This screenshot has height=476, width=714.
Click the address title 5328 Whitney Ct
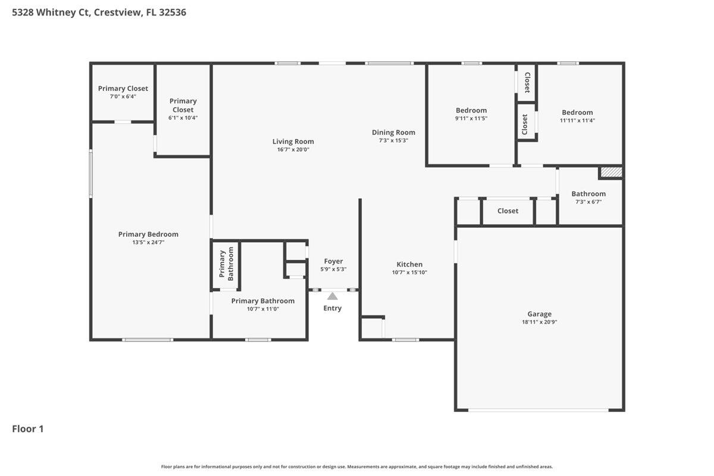(x=99, y=12)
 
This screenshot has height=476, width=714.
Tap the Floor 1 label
(x=28, y=428)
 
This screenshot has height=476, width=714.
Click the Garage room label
(x=539, y=314)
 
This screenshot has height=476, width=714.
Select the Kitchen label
(x=409, y=264)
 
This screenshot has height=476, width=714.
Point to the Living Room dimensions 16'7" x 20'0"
(x=293, y=150)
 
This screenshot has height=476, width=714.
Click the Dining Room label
(x=393, y=132)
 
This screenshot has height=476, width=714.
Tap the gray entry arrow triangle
(x=333, y=296)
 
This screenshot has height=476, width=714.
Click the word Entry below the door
(x=333, y=308)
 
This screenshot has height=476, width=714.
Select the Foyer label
(x=333, y=261)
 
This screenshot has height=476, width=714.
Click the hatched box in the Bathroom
(x=610, y=173)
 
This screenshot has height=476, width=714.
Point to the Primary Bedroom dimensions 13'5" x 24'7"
(x=148, y=243)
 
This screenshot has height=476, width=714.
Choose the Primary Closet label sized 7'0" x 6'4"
(x=123, y=89)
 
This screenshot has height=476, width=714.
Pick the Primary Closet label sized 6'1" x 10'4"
(x=183, y=105)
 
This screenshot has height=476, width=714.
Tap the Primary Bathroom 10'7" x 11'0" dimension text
(x=262, y=309)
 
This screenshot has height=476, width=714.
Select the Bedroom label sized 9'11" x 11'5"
(x=471, y=110)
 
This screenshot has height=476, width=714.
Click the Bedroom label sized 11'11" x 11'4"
(x=577, y=112)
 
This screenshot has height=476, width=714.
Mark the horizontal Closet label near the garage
(x=508, y=211)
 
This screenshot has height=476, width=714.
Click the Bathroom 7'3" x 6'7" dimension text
(x=588, y=202)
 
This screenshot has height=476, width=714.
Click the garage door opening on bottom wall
(x=538, y=410)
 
